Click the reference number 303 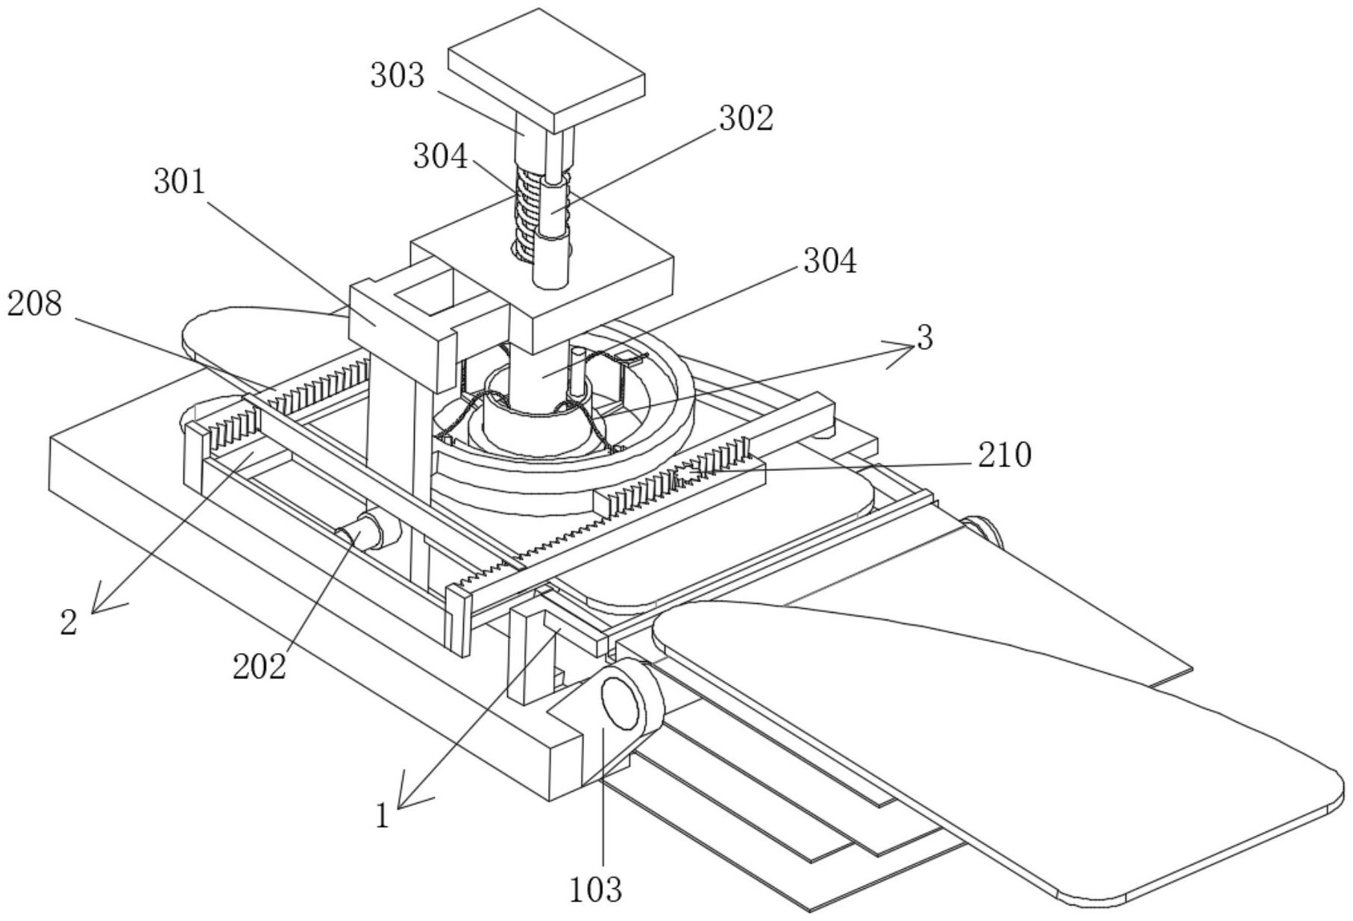coord(397,76)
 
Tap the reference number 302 coord(746,119)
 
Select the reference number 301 coord(180,181)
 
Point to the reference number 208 coord(34,304)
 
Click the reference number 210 coord(1005,455)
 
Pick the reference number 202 coord(259,666)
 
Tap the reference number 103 coord(595,889)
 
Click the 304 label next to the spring coord(441,157)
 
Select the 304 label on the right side coord(829,261)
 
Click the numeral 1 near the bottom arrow coord(383,817)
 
